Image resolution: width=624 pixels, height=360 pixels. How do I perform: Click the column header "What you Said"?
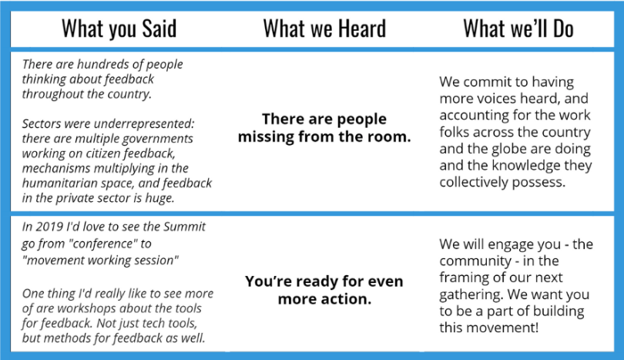tap(119, 29)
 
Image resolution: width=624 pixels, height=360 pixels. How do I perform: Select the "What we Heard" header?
tap(324, 29)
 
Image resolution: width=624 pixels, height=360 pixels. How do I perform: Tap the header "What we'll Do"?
tap(518, 29)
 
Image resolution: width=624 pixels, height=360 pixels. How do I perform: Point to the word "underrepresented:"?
tap(149, 123)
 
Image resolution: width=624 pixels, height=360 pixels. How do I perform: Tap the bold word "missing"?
tap(266, 136)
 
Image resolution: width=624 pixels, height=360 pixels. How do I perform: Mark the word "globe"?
tap(508, 149)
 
